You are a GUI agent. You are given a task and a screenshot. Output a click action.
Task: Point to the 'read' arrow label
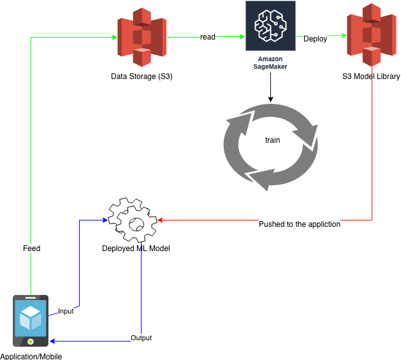208,38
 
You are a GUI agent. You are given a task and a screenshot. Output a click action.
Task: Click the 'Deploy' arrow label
316,38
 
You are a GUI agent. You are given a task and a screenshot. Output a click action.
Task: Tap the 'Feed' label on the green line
31,248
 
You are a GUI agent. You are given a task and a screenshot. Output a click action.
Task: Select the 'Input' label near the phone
66,312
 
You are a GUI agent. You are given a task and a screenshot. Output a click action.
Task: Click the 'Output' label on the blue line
141,338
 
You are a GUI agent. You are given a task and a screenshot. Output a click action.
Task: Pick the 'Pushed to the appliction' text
300,224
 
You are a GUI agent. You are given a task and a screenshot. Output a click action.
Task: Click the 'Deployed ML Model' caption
136,248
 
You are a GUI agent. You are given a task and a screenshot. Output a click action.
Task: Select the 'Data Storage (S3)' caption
142,76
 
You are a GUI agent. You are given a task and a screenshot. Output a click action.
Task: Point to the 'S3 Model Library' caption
371,76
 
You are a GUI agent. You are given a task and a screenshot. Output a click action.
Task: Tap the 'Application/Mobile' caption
31,356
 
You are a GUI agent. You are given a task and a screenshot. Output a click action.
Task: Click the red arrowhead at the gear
161,220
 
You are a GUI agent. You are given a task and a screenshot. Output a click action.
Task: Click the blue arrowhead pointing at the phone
52,342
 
